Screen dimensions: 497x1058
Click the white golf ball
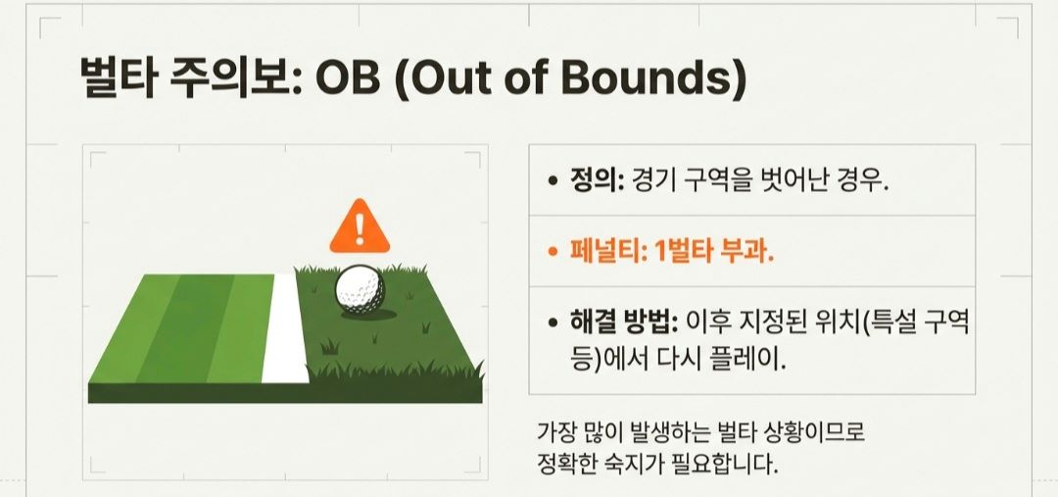point(361,289)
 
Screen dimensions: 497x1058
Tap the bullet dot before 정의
point(553,182)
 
